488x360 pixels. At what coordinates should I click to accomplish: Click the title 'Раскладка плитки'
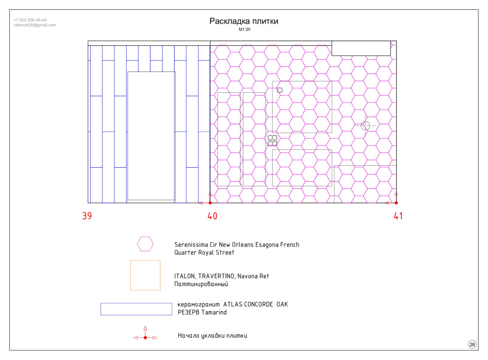(244, 21)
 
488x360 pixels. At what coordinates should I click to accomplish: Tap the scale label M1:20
(244, 29)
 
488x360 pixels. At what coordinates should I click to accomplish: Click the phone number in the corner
(30, 20)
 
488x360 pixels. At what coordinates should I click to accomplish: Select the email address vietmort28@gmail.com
(35, 25)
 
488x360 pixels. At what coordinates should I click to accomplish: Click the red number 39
(87, 216)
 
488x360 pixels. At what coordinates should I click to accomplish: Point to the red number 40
(212, 216)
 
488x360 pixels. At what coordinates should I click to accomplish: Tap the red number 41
(398, 216)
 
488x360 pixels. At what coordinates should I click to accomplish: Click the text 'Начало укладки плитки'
(212, 336)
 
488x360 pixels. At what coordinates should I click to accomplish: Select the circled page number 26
(472, 344)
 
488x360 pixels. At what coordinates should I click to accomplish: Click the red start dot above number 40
(210, 203)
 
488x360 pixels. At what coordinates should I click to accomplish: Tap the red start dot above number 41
(396, 203)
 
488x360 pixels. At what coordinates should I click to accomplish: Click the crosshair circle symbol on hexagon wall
(365, 125)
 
